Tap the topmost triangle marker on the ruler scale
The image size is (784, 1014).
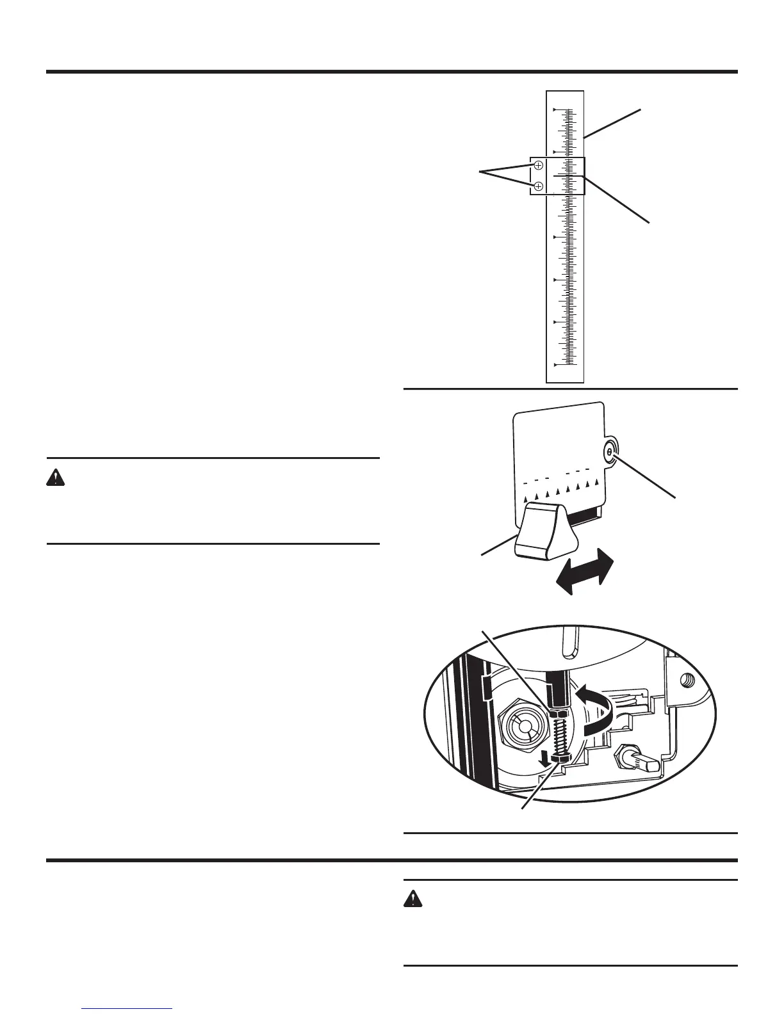click(x=555, y=110)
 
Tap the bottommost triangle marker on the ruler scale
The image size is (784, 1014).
click(x=555, y=365)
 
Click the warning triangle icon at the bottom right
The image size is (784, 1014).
click(x=412, y=899)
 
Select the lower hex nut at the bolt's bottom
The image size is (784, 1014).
click(x=561, y=759)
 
